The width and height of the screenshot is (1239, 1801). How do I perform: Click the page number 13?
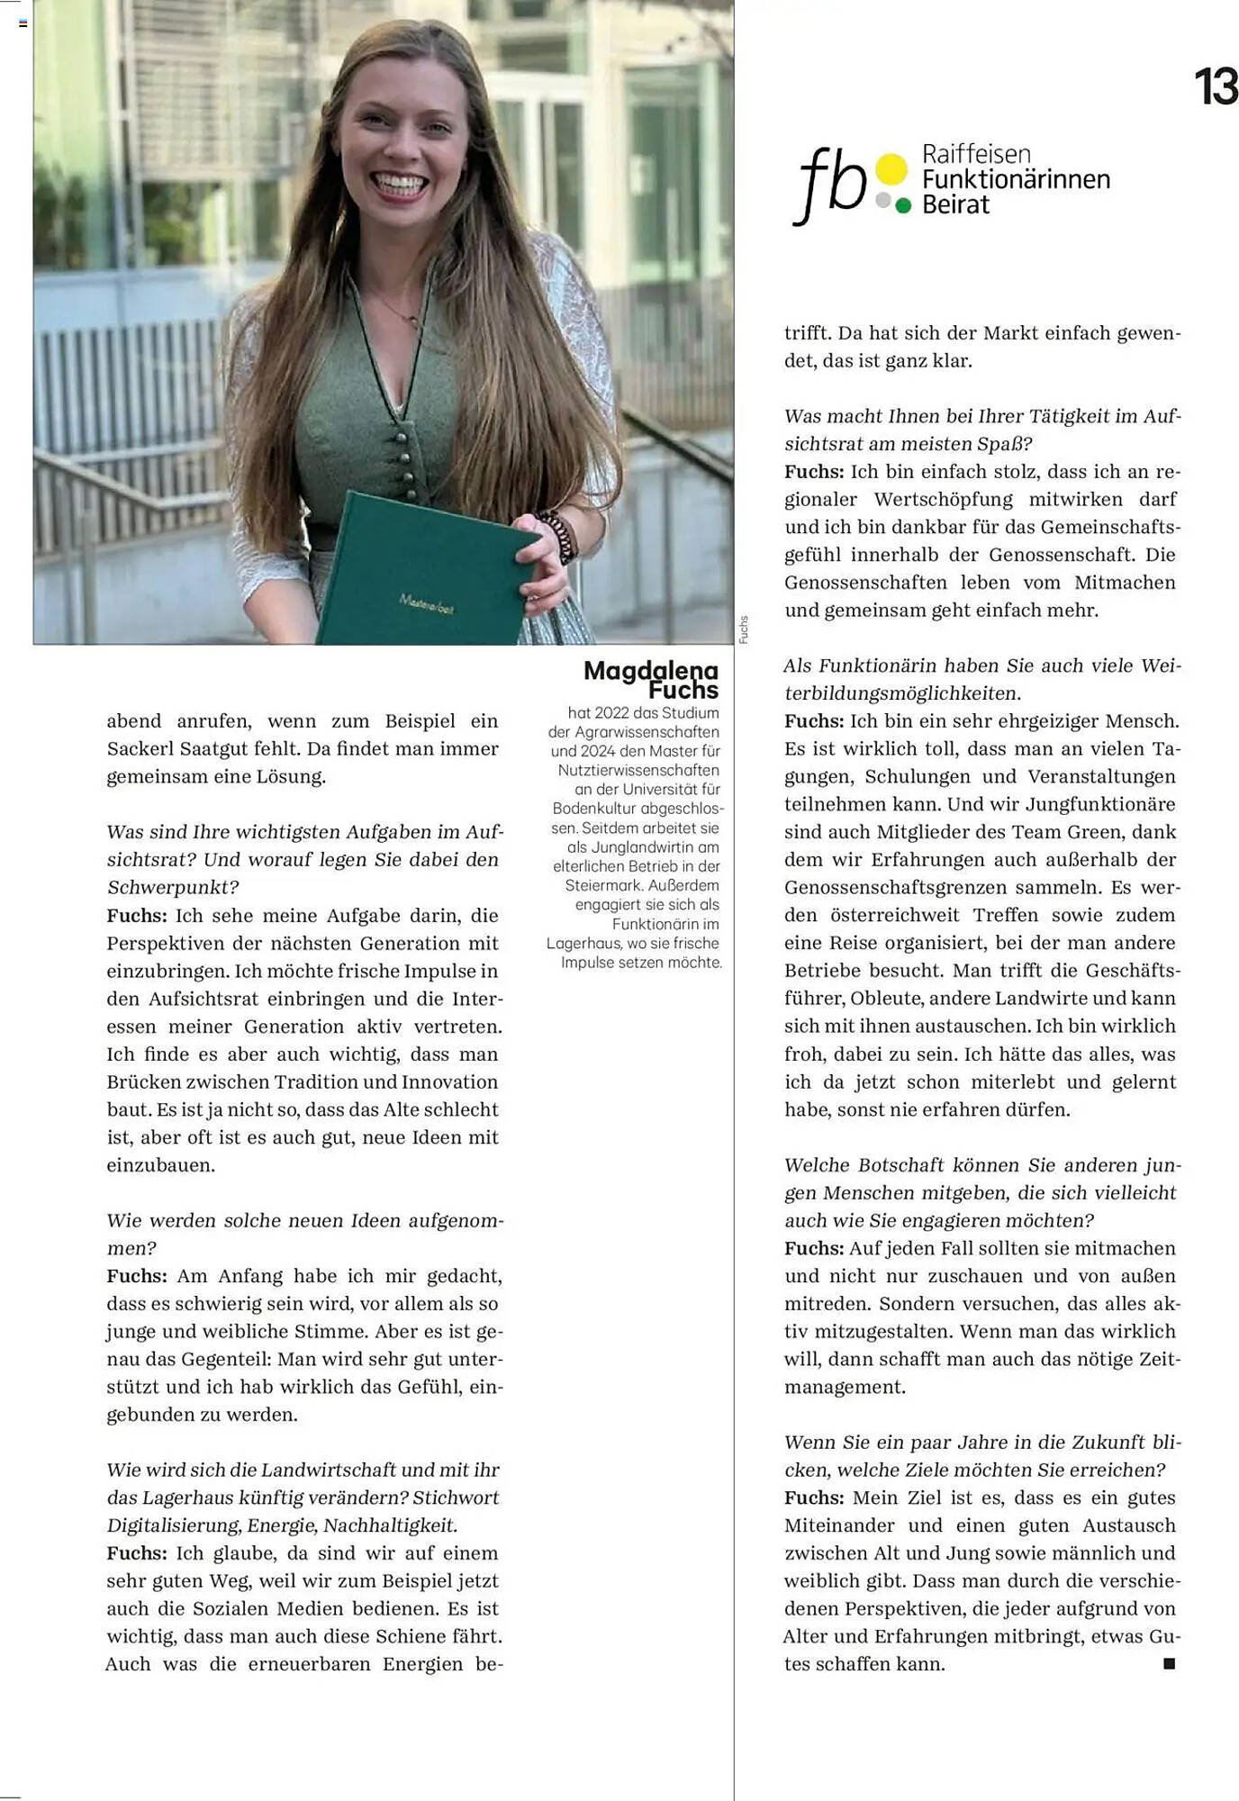1216,87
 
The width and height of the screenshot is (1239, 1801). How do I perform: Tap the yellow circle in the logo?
891,168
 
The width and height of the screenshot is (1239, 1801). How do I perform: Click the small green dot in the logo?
904,206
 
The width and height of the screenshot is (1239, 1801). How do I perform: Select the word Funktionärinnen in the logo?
1016,179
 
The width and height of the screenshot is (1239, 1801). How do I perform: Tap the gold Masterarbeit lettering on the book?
427,603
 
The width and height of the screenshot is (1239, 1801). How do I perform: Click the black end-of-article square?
1169,1663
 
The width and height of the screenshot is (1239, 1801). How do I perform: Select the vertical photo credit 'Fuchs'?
744,629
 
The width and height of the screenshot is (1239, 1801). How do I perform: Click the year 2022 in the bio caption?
611,713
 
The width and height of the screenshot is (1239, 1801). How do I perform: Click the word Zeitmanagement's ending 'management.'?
845,1387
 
